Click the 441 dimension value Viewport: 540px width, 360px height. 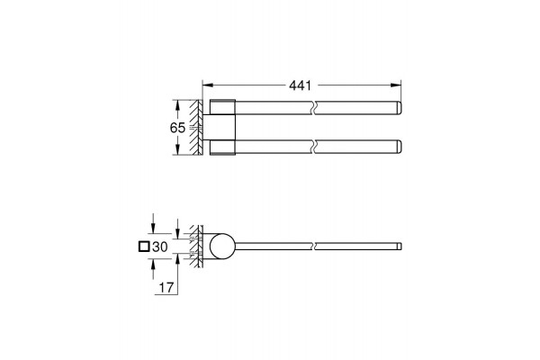(x=300, y=85)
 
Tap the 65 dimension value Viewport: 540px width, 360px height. (x=177, y=128)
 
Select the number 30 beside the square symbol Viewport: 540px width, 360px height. (x=160, y=247)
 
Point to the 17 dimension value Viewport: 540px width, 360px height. (x=166, y=287)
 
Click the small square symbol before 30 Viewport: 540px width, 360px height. (x=144, y=247)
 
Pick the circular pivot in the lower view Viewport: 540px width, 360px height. (x=221, y=247)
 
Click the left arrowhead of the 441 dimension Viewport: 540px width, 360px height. (x=207, y=85)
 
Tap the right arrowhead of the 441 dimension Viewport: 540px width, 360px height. (x=396, y=85)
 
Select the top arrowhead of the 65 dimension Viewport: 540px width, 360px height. (x=177, y=104)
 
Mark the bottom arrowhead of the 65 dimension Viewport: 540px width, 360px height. (x=177, y=150)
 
